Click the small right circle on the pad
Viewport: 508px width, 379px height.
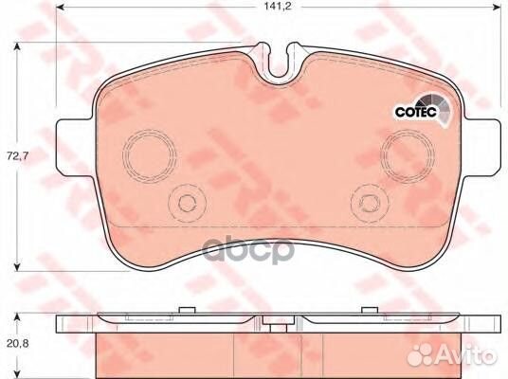(368, 201)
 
